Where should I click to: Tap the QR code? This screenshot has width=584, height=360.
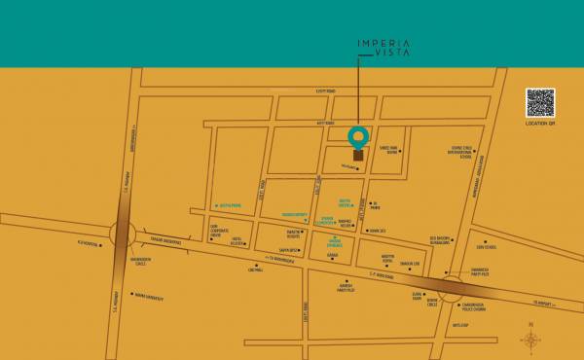click(540, 102)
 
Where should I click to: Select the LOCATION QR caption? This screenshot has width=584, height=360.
click(541, 125)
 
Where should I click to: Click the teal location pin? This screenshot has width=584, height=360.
click(359, 136)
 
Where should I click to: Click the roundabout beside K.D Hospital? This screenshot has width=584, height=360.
click(124, 234)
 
